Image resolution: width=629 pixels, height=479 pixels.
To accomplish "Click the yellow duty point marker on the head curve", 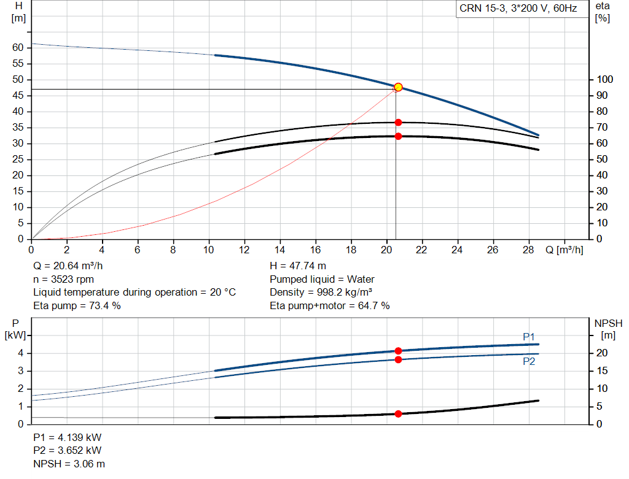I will pos(398,87).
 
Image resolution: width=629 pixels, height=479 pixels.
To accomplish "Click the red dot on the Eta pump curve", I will pos(398,122).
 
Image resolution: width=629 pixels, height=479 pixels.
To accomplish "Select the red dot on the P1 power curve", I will pos(398,351).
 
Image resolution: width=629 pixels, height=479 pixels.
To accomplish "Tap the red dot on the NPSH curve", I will pos(398,414).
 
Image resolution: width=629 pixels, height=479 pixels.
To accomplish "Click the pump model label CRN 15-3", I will pos(517,9).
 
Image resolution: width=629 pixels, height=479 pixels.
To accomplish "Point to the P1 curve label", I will pos(529,337).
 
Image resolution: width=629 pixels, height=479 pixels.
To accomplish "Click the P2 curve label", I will pos(529,362).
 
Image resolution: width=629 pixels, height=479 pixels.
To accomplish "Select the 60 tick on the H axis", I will pos(18,48).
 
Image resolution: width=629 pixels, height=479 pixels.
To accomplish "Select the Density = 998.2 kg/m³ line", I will pos(321,293).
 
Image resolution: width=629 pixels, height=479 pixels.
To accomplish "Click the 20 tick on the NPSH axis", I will pos(604,353).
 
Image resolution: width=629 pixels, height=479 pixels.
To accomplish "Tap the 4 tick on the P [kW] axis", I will pos(20,353).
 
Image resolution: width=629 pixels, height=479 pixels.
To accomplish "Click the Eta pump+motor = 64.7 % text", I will pos(330,305).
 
